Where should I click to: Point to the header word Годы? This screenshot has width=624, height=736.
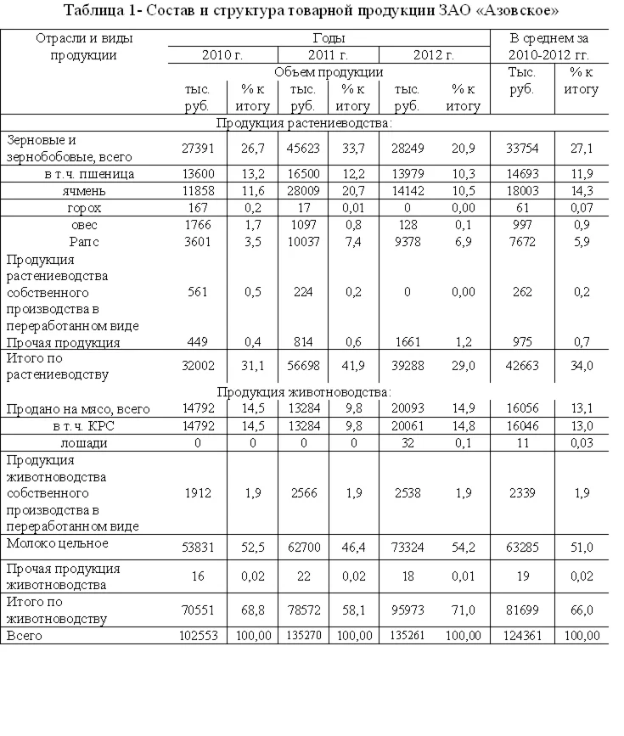[329, 39]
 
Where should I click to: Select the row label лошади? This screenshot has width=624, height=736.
[85, 442]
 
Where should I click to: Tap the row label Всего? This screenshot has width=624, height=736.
[25, 635]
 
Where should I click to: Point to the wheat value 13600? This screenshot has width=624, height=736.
[200, 174]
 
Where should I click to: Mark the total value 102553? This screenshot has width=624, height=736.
[200, 636]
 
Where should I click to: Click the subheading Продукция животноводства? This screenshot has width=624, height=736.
[304, 392]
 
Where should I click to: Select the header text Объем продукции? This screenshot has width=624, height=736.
[329, 72]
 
